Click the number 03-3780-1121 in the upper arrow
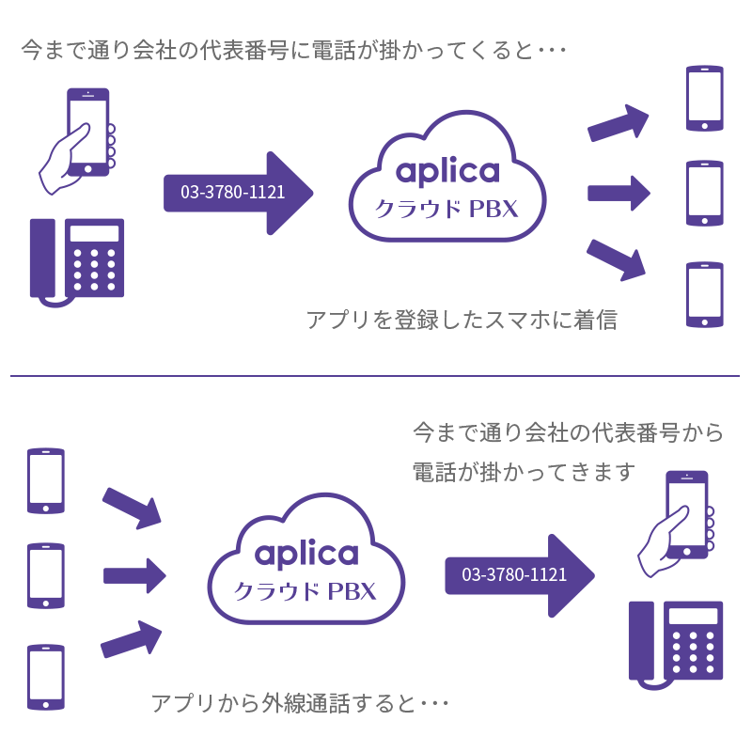[232, 193]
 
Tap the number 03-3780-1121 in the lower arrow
[514, 574]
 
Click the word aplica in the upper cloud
[447, 171]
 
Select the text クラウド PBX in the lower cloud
[305, 591]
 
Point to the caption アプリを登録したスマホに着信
[462, 321]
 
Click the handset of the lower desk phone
[642, 639]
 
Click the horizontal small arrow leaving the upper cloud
[619, 193]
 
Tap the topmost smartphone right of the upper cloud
[704, 97]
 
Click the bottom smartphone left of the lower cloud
[46, 677]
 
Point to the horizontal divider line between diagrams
[376, 376]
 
